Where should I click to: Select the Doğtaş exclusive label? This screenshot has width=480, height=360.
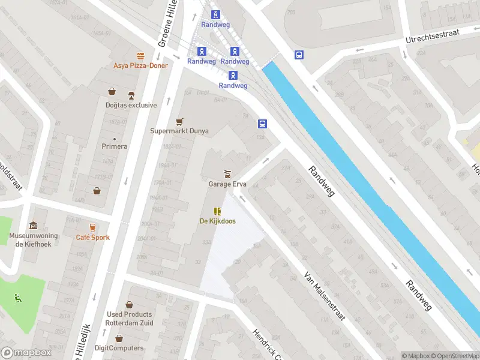(x=131, y=105)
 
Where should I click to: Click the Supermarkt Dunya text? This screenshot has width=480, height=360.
(x=179, y=131)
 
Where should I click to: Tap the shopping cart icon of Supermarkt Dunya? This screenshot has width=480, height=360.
(x=179, y=121)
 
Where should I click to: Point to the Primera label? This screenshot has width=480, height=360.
(x=115, y=146)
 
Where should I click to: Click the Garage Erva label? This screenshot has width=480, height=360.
(x=227, y=184)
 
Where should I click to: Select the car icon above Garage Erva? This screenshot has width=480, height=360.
(x=227, y=174)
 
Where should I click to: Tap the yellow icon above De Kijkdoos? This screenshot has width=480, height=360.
(x=217, y=211)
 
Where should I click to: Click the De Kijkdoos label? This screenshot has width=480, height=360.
(x=217, y=221)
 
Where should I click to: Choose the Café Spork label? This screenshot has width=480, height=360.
(x=92, y=238)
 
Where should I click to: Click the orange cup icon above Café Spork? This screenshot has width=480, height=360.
(x=92, y=227)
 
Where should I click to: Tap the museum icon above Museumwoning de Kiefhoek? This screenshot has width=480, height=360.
(x=33, y=226)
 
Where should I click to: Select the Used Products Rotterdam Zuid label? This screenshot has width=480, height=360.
(x=130, y=319)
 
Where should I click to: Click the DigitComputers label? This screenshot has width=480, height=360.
(x=119, y=348)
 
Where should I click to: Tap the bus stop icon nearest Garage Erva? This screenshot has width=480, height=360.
(x=262, y=124)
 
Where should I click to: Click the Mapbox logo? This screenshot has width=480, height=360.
(x=26, y=353)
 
